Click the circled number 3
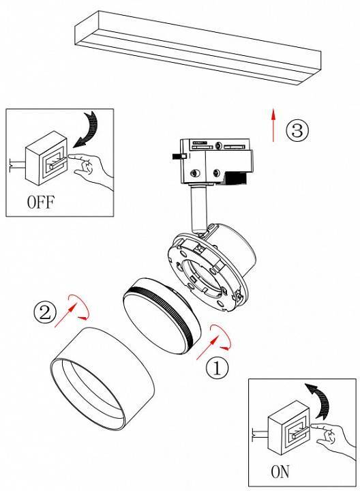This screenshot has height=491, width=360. coord(297,130)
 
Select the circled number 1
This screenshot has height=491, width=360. coord(217,368)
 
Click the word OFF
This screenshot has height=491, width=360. coord(41,202)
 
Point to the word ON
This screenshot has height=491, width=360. coord(280,472)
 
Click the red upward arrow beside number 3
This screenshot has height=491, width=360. coord(273,125)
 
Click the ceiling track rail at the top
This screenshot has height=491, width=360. coord(198,48)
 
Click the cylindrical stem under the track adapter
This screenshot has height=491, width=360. coord(198,209)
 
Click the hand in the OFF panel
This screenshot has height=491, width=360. coord(91,169)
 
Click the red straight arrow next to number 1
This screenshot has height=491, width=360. coord(207,348)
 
